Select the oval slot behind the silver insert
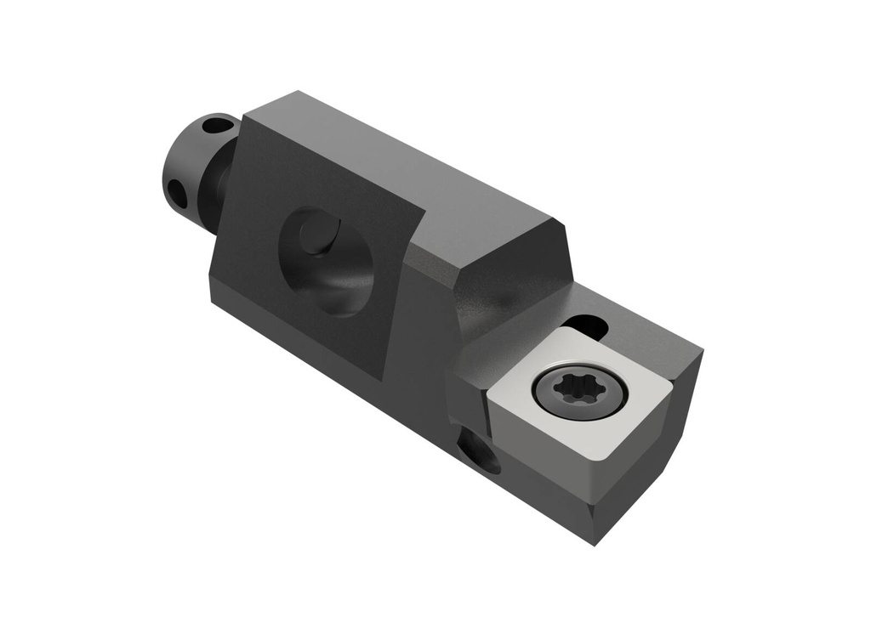pyautogui.click(x=586, y=326)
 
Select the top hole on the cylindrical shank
pyautogui.click(x=219, y=126)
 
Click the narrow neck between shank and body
pyautogui.click(x=218, y=187)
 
